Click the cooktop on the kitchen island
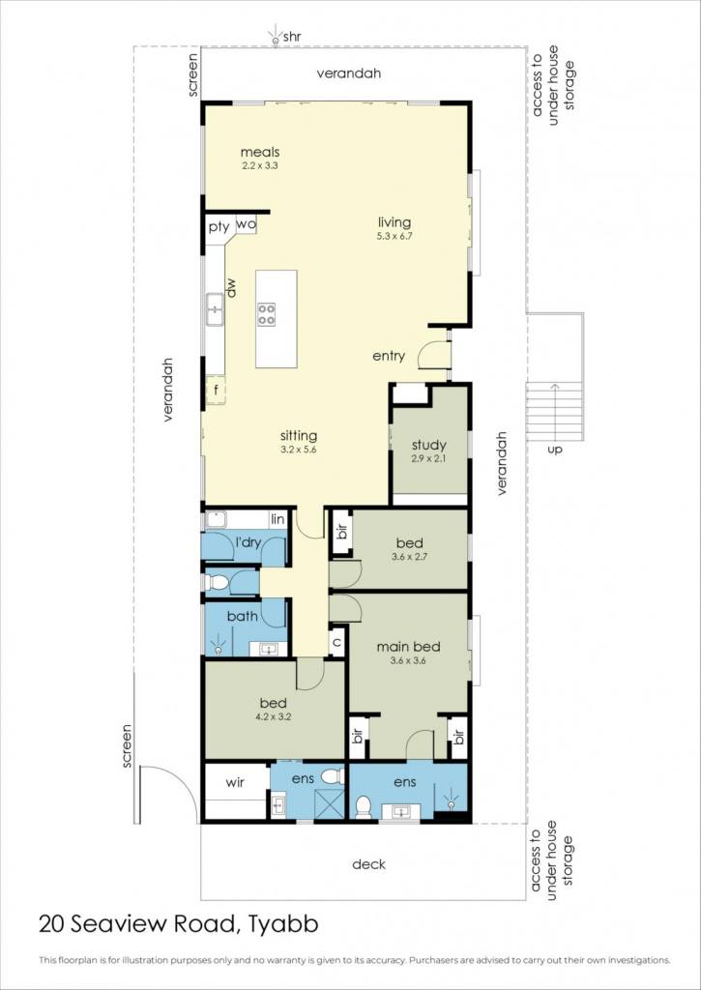(x=267, y=314)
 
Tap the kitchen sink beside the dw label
(x=215, y=308)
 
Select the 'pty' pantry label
(x=219, y=227)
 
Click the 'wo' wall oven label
(x=246, y=223)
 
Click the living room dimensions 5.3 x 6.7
(x=394, y=236)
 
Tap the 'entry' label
(x=389, y=356)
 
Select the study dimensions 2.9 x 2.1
(x=428, y=459)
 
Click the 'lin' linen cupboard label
(x=277, y=519)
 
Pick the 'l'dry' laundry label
(x=248, y=541)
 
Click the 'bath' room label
(x=243, y=616)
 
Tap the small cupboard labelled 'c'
(x=337, y=642)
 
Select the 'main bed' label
(x=408, y=647)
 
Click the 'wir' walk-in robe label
(x=235, y=782)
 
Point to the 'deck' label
(x=368, y=863)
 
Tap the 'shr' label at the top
(x=291, y=38)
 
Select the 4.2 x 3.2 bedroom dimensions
(x=274, y=716)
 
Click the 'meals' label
(x=259, y=152)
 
